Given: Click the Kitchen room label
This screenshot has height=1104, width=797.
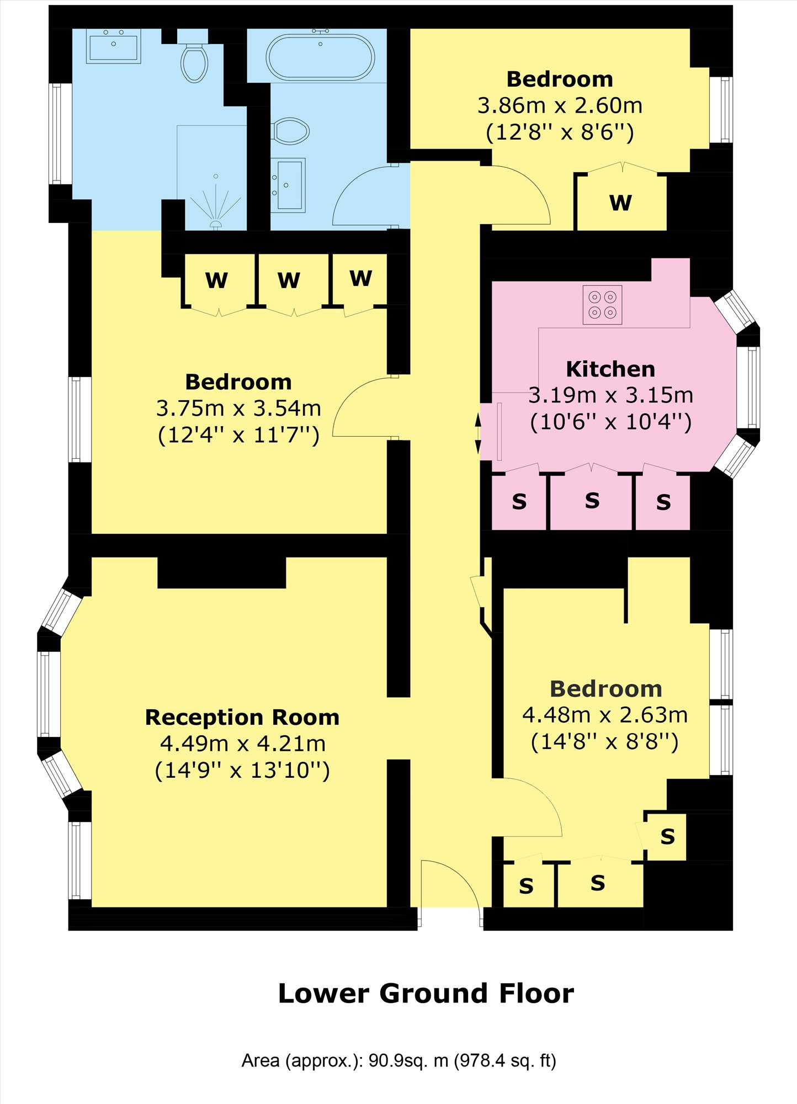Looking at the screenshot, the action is pyautogui.click(x=610, y=369).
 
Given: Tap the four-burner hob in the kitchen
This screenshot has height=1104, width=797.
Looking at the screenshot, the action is pyautogui.click(x=602, y=305).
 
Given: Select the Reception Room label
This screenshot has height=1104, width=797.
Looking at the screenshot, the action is pyautogui.click(x=242, y=717).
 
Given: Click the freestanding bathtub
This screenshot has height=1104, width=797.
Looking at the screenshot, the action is pyautogui.click(x=320, y=57).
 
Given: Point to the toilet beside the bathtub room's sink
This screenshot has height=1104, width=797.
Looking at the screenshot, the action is pyautogui.click(x=290, y=131).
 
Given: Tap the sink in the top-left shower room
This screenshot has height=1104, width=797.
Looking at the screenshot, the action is pyautogui.click(x=113, y=46).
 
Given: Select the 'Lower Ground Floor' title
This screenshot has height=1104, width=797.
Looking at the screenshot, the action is pyautogui.click(x=426, y=994).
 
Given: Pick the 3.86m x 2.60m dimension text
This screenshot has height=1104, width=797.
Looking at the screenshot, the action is pyautogui.click(x=560, y=105).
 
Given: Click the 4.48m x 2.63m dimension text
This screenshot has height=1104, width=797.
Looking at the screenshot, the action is pyautogui.click(x=605, y=715).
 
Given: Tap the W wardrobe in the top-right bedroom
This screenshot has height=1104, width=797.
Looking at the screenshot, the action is pyautogui.click(x=620, y=203).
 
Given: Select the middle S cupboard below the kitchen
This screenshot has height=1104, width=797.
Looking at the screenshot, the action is pyautogui.click(x=592, y=501).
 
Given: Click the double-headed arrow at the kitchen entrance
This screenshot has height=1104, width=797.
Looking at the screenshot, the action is pyautogui.click(x=478, y=434).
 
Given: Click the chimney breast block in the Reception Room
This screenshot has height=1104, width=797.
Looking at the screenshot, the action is pyautogui.click(x=222, y=572).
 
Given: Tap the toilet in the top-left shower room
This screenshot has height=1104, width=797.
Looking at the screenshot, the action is pyautogui.click(x=194, y=62).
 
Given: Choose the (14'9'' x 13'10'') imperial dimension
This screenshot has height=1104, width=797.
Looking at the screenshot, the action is pyautogui.click(x=242, y=770).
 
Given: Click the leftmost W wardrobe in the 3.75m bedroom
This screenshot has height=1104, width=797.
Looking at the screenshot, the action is pyautogui.click(x=216, y=280).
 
